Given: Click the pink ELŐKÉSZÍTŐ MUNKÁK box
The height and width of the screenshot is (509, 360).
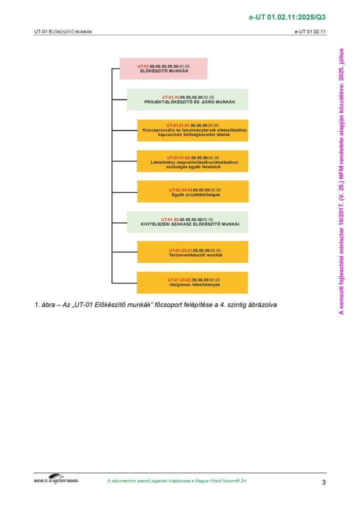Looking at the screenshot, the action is (163, 68).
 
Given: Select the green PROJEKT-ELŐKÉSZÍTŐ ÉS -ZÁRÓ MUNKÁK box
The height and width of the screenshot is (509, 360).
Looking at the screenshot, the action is (187, 99).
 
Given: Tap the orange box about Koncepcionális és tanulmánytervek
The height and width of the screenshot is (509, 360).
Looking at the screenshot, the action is (193, 130).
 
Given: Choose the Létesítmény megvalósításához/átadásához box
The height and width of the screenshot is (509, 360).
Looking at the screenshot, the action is (192, 161).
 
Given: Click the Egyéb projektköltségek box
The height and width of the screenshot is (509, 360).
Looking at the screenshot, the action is (193, 191).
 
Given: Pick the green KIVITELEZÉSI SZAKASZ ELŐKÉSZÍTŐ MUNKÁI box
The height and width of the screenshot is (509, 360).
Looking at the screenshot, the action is (187, 222).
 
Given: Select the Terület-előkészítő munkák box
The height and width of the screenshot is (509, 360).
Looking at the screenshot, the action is (193, 252).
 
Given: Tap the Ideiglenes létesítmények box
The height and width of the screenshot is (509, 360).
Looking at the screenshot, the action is (192, 282).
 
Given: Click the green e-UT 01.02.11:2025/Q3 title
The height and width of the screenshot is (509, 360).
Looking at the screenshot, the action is (287, 17).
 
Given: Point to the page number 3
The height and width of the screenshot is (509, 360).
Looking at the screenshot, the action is (323, 482).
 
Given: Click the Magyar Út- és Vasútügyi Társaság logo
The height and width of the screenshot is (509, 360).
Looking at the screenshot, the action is (56, 479).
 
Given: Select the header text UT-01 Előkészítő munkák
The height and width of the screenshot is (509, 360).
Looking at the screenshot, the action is (63, 32).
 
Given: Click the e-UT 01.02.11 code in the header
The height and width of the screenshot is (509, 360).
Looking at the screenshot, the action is (310, 32).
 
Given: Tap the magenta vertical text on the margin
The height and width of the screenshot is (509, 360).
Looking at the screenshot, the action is (341, 181).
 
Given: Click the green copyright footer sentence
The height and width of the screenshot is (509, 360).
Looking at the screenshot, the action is (177, 481).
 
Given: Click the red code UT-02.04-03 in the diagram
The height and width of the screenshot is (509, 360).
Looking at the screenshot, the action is (180, 190).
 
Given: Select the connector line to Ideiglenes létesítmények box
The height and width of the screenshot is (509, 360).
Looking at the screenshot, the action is (124, 283).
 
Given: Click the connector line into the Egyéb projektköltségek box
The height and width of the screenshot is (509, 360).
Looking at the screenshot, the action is (124, 192).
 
